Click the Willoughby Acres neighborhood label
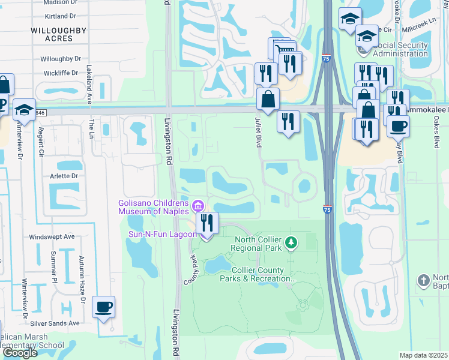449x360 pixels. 59,34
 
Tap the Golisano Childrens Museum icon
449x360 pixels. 199,207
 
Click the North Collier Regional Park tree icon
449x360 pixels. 291,242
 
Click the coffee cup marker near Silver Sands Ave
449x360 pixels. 104,307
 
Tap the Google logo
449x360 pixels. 20,353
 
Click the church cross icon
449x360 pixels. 424,280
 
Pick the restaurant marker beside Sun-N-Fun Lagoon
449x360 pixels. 206,223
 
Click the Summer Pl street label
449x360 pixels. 53,266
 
